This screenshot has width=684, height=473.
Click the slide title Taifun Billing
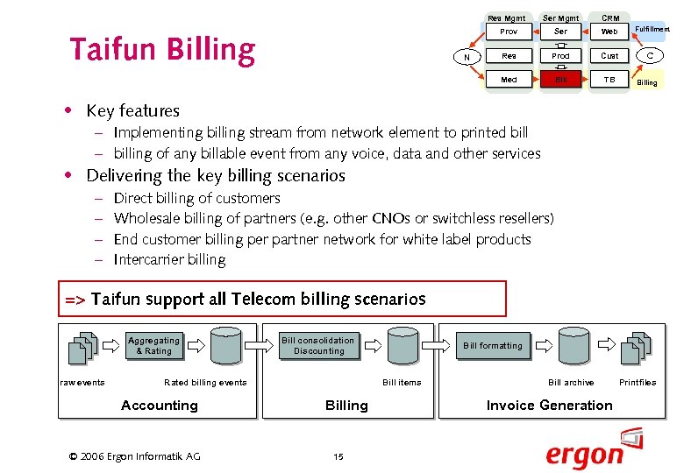coord(161,51)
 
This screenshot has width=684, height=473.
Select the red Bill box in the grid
coord(560,80)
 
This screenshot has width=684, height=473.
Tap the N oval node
coord(466,57)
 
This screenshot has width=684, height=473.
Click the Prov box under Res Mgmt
coord(509,32)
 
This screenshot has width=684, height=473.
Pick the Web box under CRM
coord(609,32)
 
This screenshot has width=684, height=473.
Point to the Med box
coord(509,80)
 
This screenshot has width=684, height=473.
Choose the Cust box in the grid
coord(609,56)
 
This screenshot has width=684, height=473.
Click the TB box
coord(609,80)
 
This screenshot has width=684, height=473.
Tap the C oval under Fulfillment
coord(650,56)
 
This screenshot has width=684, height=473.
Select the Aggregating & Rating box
coord(153,346)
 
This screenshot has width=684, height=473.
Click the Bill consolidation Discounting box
coord(318,346)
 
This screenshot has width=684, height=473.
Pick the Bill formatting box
coord(493,346)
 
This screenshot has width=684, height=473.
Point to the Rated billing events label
coord(205,382)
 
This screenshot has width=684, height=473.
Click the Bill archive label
coord(571,382)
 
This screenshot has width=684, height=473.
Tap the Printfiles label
coord(638,382)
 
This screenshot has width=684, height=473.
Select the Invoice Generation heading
coord(550,405)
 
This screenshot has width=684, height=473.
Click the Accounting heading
coord(160,405)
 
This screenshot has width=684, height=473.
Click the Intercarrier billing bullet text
coord(169,259)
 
